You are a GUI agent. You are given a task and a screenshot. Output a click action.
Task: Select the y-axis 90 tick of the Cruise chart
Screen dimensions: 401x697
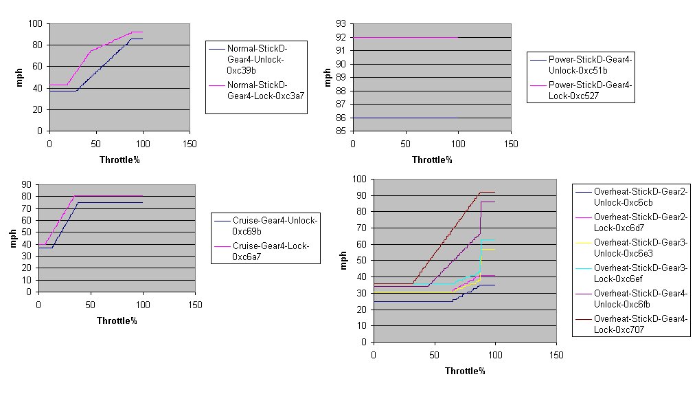27,184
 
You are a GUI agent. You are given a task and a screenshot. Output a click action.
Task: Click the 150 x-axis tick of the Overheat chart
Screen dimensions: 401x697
557,355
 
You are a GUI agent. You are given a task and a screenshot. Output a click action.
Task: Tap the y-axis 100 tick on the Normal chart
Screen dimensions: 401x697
35,24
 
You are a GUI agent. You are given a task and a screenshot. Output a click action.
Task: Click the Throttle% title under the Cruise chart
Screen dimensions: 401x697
117,321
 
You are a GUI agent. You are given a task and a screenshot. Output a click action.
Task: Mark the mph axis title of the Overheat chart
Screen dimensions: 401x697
345,261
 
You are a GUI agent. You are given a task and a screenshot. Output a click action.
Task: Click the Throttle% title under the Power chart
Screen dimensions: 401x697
432,160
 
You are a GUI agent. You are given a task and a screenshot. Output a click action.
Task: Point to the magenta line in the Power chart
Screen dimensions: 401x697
405,37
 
